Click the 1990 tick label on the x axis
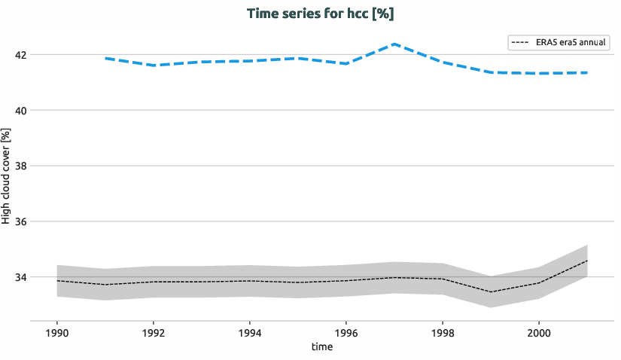coord(57,331)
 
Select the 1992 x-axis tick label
coord(154,331)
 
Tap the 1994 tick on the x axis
coord(249,331)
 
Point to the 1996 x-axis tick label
coord(346,331)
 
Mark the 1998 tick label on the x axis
coord(442,331)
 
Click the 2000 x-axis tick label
coord(538,331)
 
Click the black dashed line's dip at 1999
coord(490,291)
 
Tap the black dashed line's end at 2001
coord(586,261)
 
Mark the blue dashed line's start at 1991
coord(105,58)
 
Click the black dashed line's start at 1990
coord(57,281)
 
